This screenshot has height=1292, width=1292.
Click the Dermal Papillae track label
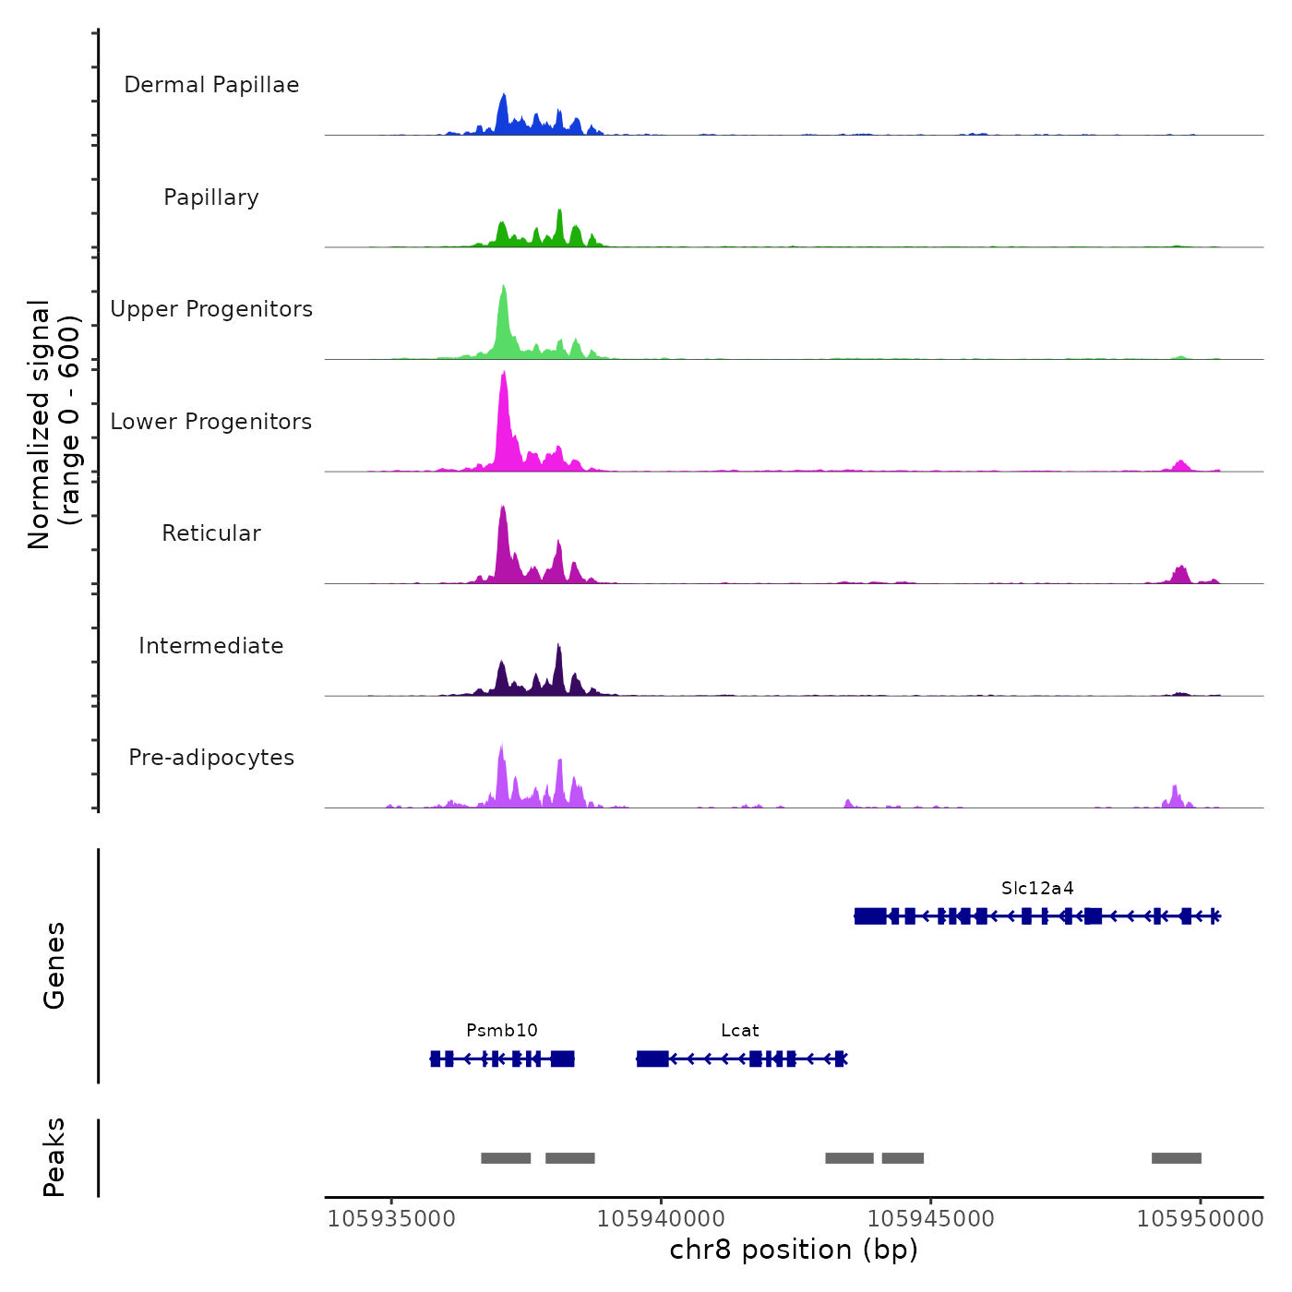pos(211,85)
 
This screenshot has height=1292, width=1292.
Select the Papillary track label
pos(211,197)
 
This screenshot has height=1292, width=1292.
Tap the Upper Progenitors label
pos(211,309)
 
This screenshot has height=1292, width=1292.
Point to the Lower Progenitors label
pos(211,422)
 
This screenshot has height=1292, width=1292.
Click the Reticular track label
pos(211,533)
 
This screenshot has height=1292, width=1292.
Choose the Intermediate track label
pos(211,646)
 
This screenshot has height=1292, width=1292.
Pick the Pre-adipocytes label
pos(211,758)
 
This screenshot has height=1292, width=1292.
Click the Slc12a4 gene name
pos(1037,889)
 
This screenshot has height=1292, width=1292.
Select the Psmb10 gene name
pos(502,1031)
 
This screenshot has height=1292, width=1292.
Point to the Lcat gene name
pos(740,1031)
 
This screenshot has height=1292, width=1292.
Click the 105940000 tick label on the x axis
pos(661,1219)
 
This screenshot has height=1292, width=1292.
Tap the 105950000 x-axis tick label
pos(1200,1219)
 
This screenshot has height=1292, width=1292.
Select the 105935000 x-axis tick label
pos(391,1219)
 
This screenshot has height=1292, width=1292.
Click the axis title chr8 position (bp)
pos(794,1250)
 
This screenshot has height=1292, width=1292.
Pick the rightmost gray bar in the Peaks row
pos(1176,1158)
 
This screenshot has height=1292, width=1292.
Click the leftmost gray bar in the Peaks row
pos(506,1158)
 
